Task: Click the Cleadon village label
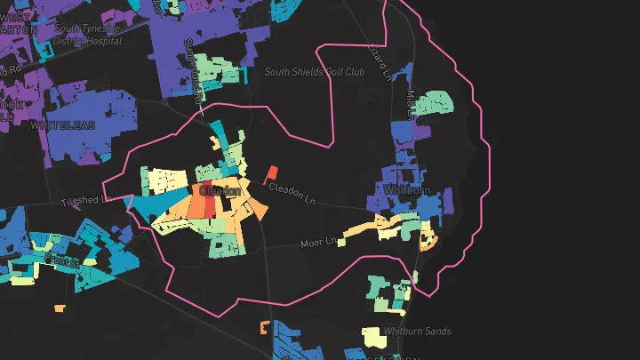220,190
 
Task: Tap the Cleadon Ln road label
292,191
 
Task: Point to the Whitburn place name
408,190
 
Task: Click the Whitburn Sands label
417,332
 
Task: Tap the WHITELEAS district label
61,126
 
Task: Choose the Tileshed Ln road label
85,201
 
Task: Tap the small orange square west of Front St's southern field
60,308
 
